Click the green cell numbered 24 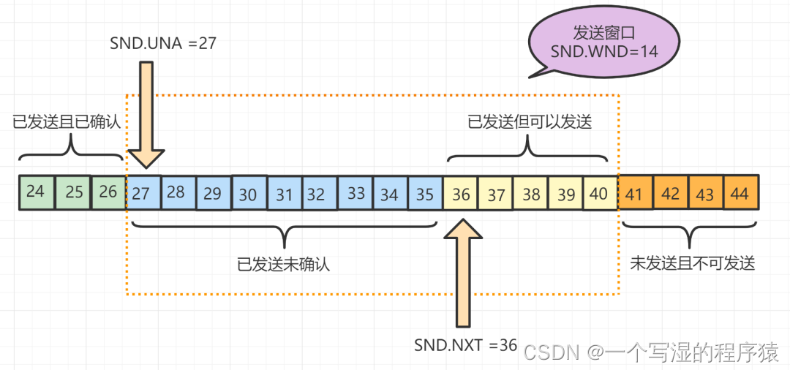point(36,192)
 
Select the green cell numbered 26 point(108,192)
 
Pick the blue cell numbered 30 point(249,194)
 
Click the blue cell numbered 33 point(355,194)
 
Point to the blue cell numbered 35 point(425,194)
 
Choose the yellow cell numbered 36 point(461,195)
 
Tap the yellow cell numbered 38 point(531,195)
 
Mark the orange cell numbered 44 point(741,194)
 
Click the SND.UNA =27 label point(162,44)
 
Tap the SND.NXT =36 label point(465,344)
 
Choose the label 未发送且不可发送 point(692,264)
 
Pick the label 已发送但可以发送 point(530,122)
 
